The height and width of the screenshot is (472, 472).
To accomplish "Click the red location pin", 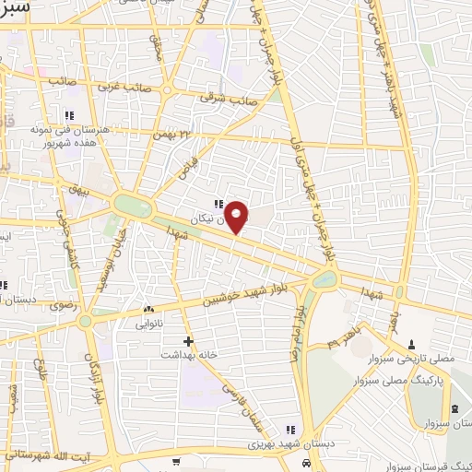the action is pyautogui.click(x=237, y=217).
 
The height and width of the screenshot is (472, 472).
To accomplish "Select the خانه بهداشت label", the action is pyautogui.click(x=188, y=354).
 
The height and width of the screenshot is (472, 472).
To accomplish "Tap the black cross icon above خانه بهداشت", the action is pyautogui.click(x=188, y=341).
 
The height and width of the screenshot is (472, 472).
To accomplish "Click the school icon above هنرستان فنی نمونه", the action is pyautogui.click(x=68, y=116).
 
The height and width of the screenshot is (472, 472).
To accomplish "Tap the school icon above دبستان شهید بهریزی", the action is pyautogui.click(x=290, y=430).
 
